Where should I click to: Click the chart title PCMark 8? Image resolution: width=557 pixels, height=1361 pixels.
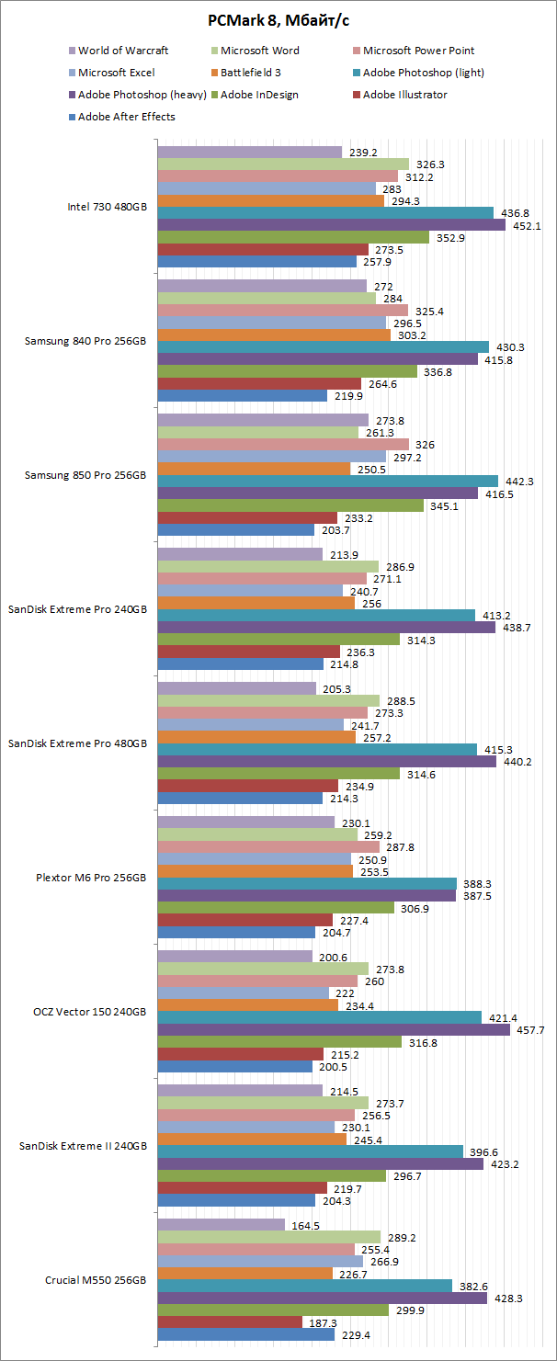[278, 22]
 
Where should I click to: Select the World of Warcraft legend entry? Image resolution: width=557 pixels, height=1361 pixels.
[123, 51]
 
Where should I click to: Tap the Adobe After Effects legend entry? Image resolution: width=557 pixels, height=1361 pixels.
[126, 117]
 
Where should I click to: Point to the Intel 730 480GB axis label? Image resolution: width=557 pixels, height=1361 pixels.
[107, 207]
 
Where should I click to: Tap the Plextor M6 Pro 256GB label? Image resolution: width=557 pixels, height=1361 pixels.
[100, 878]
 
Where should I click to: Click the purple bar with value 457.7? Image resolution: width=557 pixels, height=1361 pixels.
[334, 1030]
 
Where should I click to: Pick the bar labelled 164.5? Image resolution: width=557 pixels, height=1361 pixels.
[222, 1224]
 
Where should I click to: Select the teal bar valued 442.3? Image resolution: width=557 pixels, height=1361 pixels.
[328, 481]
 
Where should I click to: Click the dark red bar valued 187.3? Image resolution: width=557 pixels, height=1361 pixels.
[230, 1321]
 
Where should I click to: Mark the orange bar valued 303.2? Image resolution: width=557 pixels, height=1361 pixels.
[274, 335]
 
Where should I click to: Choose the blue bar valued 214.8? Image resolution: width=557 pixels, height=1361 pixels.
[241, 663]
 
